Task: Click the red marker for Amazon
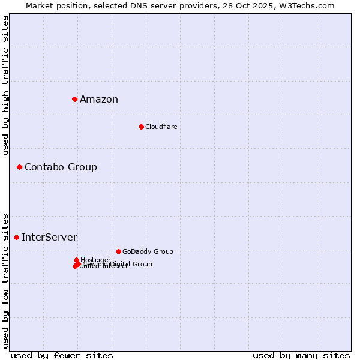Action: (x=74, y=99)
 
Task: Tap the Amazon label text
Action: (x=99, y=100)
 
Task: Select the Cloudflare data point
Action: (x=141, y=127)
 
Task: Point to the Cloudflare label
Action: (x=161, y=127)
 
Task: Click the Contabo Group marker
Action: (x=19, y=167)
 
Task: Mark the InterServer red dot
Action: (x=16, y=237)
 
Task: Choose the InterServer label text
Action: (x=49, y=238)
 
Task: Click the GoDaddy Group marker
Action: (x=118, y=251)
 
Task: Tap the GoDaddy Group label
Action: (x=148, y=252)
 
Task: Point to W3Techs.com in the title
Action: (x=310, y=5)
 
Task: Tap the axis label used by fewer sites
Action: (x=62, y=355)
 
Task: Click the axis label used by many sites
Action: (x=301, y=355)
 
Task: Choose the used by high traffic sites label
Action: (x=5, y=85)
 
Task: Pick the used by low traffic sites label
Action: (x=5, y=280)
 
